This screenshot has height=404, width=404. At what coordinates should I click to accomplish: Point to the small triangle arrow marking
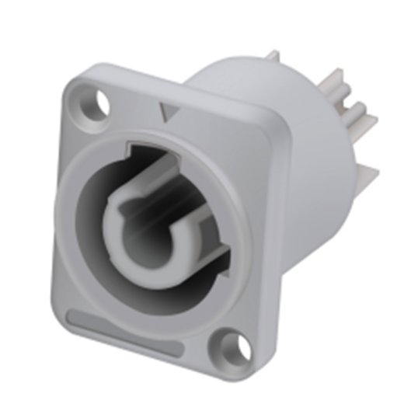pos(164,114)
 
